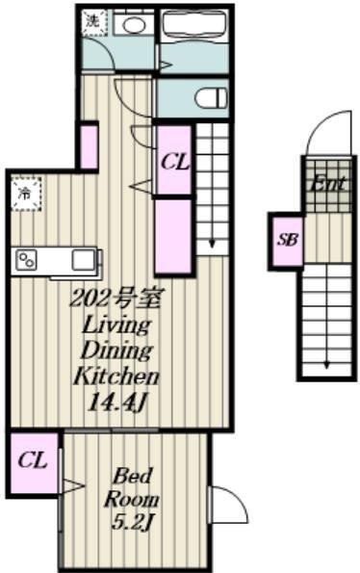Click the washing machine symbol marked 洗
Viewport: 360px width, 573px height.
(94, 23)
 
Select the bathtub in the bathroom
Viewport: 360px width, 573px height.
(194, 25)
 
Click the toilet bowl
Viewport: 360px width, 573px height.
(210, 98)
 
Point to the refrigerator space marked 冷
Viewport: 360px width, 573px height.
(26, 194)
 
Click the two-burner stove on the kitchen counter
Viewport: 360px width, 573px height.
(27, 261)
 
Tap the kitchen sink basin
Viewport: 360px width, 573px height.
(84, 261)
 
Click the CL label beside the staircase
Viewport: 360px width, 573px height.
(175, 162)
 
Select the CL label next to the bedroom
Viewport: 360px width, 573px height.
(33, 460)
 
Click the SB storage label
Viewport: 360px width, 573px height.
(288, 240)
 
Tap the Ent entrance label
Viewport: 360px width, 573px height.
(326, 183)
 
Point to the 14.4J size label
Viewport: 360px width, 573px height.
(117, 403)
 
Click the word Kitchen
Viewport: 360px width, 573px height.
(116, 376)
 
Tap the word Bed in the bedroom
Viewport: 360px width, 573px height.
(132, 476)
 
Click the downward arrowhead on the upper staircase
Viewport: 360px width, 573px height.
(212, 244)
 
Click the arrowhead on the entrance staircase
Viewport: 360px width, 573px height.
(327, 364)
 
